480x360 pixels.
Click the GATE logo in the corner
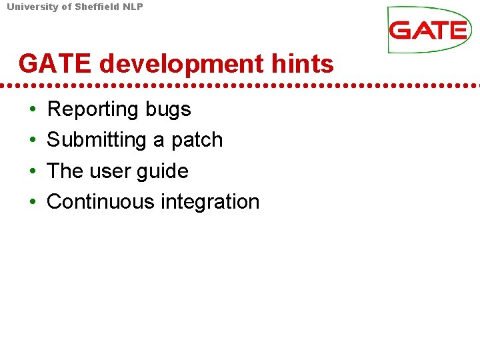tap(429, 30)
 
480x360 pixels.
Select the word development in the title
tap(180, 64)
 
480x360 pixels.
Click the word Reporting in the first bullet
tap(91, 109)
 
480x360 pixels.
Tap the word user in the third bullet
tap(109, 171)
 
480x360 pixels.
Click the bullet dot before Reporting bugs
tap(33, 109)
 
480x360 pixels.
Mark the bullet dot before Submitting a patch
tap(33, 141)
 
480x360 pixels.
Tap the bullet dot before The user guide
tap(33, 171)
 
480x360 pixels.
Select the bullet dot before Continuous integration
tap(33, 202)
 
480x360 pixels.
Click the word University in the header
tap(31, 7)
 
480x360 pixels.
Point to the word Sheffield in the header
tap(93, 7)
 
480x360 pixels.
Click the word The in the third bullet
tap(65, 171)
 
